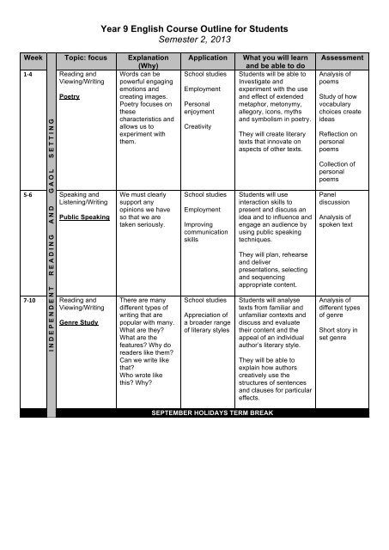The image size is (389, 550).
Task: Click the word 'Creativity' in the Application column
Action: point(199,125)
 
